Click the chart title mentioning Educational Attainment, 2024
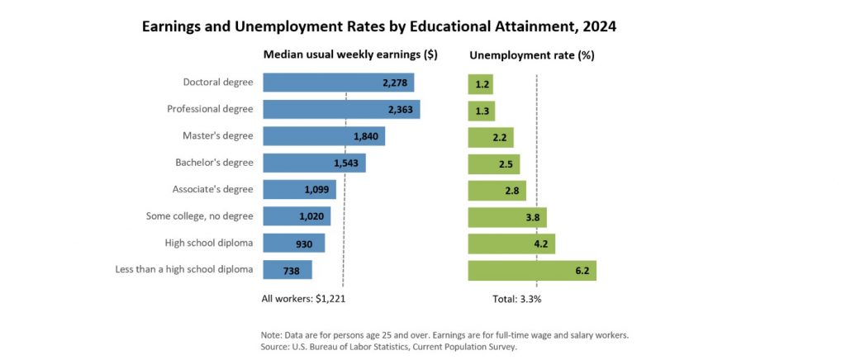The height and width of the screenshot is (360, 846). click(x=379, y=26)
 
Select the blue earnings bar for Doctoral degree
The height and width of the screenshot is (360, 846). click(x=338, y=83)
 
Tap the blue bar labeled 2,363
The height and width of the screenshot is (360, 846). click(x=341, y=110)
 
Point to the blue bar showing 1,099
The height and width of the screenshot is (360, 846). click(x=289, y=190)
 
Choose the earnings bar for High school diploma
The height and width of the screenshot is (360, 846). click(x=293, y=244)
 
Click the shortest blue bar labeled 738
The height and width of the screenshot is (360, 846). click(x=287, y=270)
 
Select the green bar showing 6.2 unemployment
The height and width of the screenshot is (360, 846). click(x=532, y=270)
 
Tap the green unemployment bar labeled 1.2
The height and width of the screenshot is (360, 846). click(x=481, y=83)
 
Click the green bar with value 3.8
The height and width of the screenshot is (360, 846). click(x=507, y=217)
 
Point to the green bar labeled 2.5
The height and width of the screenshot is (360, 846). click(x=494, y=163)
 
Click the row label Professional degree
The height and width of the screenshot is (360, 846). click(x=210, y=109)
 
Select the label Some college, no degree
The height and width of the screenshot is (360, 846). click(x=199, y=216)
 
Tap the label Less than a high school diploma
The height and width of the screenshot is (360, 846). click(x=184, y=270)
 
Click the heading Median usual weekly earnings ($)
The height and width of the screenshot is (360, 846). click(x=349, y=55)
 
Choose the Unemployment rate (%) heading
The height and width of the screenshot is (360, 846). click(x=532, y=55)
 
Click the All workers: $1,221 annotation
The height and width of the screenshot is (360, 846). click(x=297, y=299)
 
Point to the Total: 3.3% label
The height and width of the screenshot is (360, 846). click(x=516, y=299)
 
